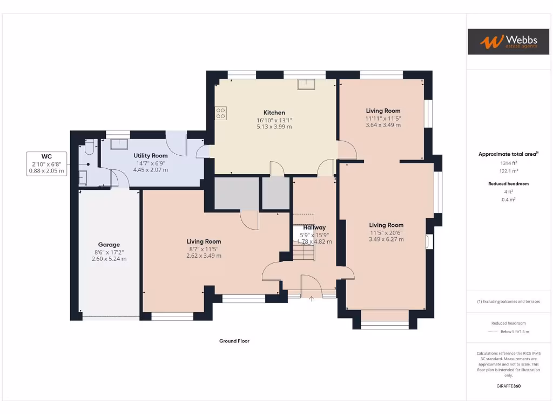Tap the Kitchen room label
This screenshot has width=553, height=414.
(274, 113)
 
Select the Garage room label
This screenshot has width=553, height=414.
(109, 244)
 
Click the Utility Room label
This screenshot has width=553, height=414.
(151, 155)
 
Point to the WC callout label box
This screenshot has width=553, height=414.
(46, 163)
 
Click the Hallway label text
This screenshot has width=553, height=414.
(314, 227)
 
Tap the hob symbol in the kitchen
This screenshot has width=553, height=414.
(221, 113)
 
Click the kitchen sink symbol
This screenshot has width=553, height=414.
(307, 84)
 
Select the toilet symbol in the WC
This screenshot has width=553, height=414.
(90, 147)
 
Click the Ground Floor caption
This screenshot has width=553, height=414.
(234, 341)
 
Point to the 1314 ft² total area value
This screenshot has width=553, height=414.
(508, 162)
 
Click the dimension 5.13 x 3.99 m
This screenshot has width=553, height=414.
(274, 127)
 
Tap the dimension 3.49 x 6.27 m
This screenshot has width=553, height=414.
(386, 239)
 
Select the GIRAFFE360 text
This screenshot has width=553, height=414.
(508, 386)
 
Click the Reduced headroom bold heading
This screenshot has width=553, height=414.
(508, 183)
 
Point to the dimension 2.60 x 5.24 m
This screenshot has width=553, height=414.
(109, 259)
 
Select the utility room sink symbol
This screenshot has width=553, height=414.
(118, 144)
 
